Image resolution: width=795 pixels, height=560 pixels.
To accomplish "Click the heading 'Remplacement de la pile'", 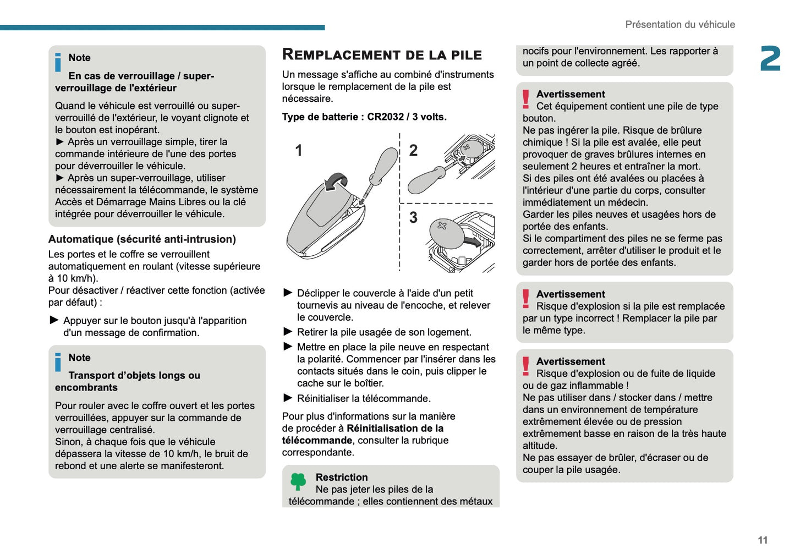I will coord(382,54).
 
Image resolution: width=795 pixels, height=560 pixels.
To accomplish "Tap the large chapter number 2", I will coord(770,59).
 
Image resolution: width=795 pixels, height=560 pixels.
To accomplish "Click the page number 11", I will coord(763,540).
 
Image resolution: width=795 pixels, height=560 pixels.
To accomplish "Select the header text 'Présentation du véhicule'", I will coord(680,25).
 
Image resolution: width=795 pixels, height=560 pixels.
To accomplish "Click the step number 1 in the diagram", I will coord(299,150).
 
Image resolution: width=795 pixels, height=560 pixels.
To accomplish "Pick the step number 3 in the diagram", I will coord(413,218).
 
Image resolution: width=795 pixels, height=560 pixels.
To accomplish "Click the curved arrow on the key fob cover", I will coord(336,182).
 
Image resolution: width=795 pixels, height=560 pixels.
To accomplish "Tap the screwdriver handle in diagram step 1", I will coord(385,165).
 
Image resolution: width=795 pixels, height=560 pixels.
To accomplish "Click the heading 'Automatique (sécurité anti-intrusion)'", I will coord(142,239).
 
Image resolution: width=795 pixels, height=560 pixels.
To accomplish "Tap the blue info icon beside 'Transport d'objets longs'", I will coord(58,363).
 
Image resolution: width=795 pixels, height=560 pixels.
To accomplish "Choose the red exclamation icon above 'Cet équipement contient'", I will coord(526,100).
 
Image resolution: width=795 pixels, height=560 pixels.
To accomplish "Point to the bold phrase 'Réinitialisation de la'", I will coord(395,429).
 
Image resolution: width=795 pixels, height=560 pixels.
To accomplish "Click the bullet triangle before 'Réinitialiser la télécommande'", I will coord(288,398).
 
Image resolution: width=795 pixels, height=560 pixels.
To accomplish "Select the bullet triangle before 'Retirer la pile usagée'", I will coord(288,332).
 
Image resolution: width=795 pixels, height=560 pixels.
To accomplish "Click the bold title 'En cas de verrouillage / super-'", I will coord(141,76).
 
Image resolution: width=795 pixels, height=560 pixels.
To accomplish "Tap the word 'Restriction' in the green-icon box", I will coord(342,477).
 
